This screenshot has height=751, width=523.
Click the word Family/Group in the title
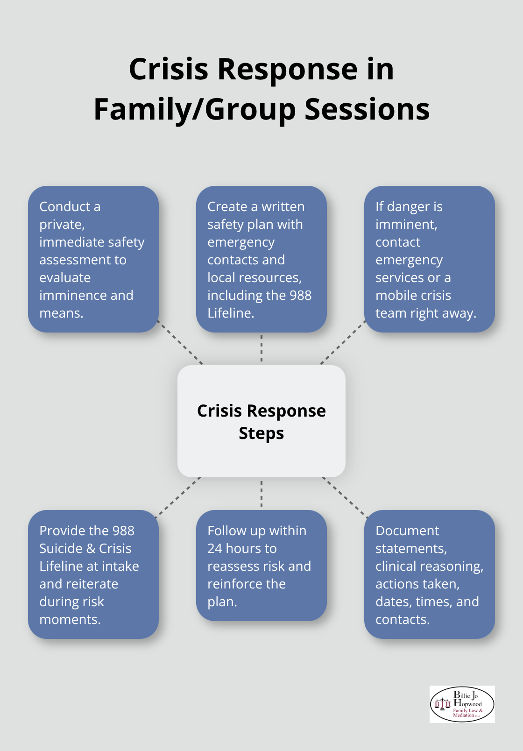194,110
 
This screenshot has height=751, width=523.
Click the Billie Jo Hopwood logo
462,704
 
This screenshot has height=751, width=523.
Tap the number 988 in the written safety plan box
300,295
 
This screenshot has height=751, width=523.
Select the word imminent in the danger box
406,224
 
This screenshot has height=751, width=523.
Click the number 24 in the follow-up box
215,548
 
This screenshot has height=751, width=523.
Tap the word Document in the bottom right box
407,531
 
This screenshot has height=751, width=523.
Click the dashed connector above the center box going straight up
261,349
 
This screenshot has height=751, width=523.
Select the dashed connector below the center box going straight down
261,494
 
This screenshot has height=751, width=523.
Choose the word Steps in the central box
261,433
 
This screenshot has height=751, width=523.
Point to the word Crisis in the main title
169,69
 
